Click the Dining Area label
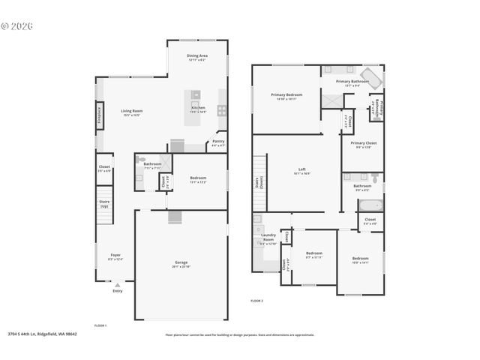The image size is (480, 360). tap(197, 55)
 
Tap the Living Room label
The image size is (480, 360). tap(132, 111)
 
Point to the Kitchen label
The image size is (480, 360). tap(198, 108)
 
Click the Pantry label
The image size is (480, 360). tap(218, 141)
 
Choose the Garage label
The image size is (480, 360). tap(181, 262)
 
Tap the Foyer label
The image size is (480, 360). tap(115, 255)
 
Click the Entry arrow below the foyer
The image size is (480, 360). tap(117, 286)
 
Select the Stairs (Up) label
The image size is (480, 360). tap(104, 202)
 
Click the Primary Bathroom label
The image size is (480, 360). tap(352, 81)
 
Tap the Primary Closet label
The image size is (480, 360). tap(363, 142)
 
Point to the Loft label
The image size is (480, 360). tap(301, 169)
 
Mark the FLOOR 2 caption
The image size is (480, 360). tap(256, 300)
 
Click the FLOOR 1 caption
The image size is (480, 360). tap(100, 325)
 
